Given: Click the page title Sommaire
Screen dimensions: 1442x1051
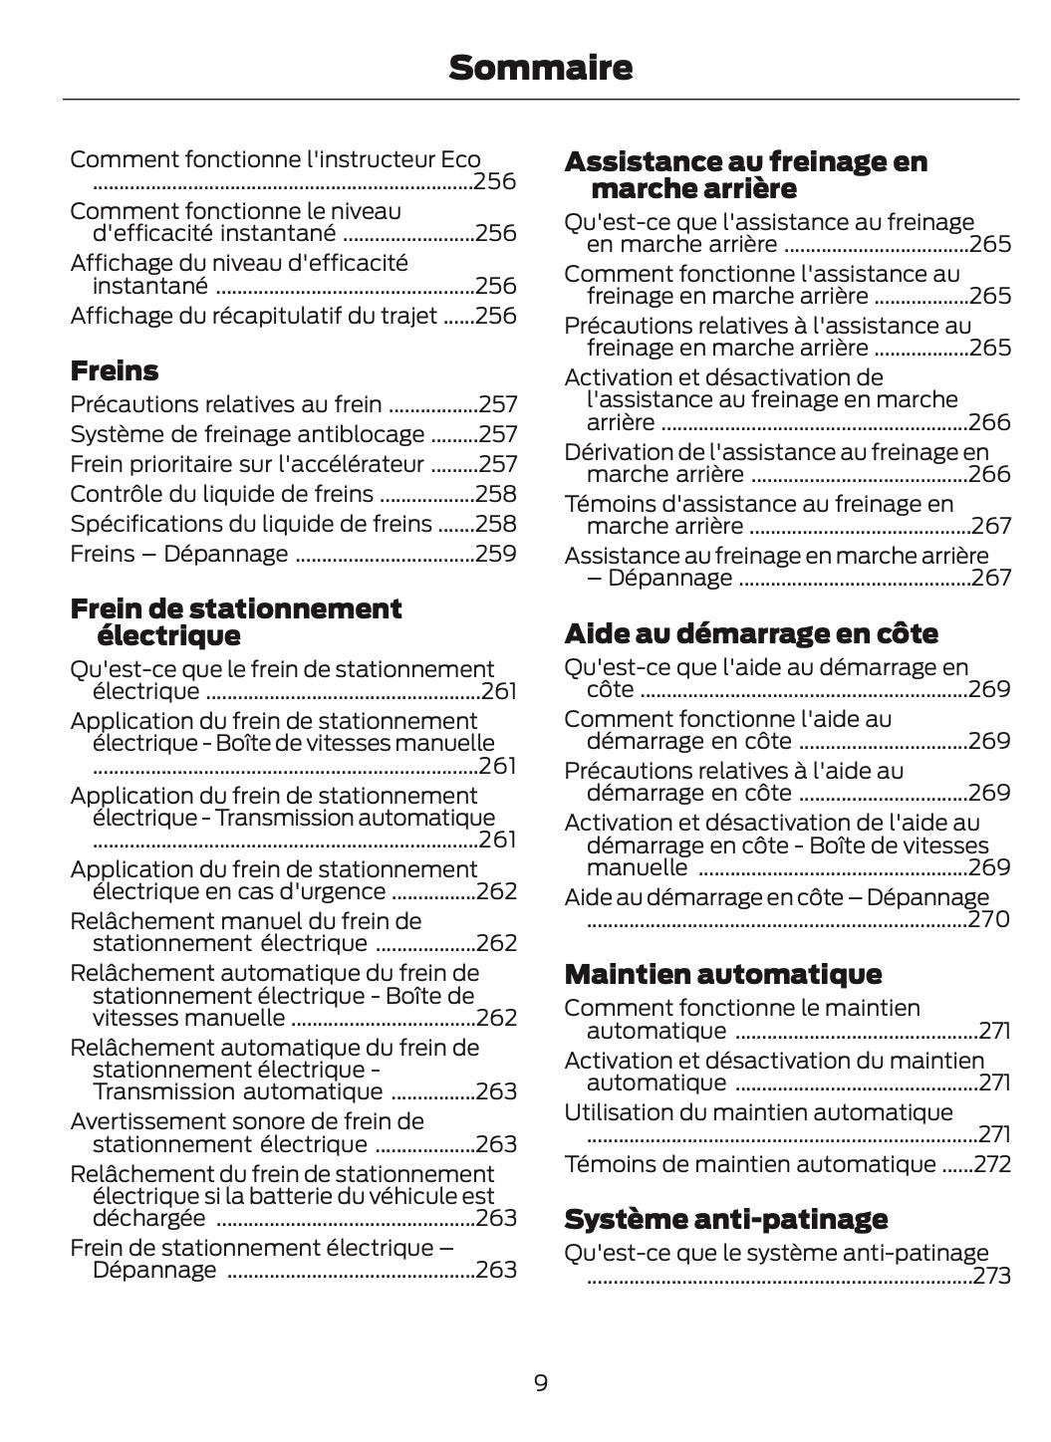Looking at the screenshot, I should [x=540, y=69].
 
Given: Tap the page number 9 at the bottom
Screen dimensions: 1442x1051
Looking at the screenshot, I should [x=540, y=1382].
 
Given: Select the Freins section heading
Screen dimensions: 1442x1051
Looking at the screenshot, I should [x=115, y=371].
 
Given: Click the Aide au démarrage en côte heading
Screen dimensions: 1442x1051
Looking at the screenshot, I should [x=751, y=633].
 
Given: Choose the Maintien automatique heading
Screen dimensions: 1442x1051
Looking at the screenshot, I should [x=723, y=974].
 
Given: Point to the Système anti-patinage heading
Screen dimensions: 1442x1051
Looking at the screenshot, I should [x=725, y=1219].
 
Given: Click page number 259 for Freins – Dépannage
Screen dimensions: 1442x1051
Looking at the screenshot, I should [x=496, y=554].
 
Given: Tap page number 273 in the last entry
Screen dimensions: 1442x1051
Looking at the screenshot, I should [x=991, y=1276].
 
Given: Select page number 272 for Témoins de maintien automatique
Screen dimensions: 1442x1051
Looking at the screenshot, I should [x=991, y=1164].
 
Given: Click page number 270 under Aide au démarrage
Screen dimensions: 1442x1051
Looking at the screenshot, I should [x=989, y=919].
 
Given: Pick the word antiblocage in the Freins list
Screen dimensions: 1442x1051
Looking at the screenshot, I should [x=369, y=434].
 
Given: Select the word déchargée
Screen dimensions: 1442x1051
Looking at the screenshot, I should [x=149, y=1218].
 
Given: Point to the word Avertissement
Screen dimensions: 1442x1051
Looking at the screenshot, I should [x=148, y=1122].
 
